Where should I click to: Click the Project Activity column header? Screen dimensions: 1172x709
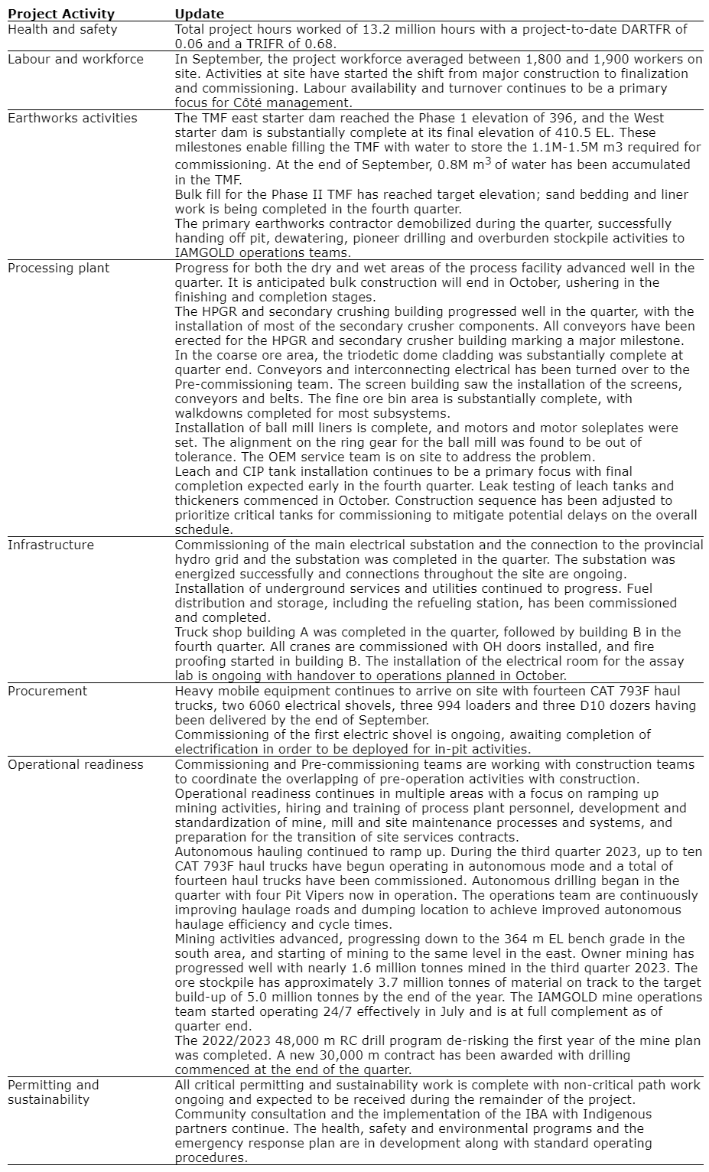coord(61,14)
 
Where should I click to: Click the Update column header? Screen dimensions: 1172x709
coord(199,14)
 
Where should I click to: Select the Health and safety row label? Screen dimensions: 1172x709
coord(63,29)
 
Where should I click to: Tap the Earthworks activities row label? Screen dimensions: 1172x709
coord(73,118)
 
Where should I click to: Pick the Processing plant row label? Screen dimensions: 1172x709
coord(58,268)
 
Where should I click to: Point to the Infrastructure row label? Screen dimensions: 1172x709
coord(50,545)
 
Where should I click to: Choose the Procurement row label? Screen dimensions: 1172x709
coord(47,691)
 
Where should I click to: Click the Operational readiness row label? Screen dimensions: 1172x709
coord(75,764)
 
